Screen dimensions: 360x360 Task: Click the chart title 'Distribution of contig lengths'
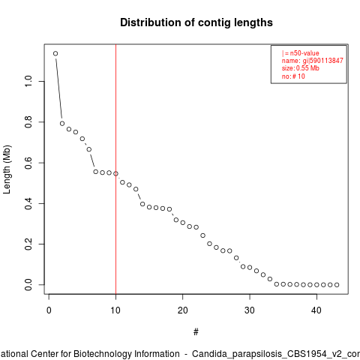pos(196,22)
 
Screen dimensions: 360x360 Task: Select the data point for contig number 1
pos(55,53)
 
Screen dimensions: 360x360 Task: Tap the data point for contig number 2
pos(62,124)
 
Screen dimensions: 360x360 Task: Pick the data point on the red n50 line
pos(115,174)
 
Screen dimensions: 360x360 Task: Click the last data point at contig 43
pos(337,285)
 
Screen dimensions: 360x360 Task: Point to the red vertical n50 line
pos(115,169)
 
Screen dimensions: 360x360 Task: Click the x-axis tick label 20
pos(183,310)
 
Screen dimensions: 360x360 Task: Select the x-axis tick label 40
pos(316,310)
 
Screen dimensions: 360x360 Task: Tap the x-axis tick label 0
pos(49,310)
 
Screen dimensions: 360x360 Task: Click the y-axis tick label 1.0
pos(28,81)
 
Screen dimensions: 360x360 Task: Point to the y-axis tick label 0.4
pos(28,203)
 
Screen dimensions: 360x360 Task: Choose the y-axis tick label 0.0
pos(28,285)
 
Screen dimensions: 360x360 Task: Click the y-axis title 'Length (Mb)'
pos(7,169)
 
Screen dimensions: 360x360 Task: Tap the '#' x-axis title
pos(196,332)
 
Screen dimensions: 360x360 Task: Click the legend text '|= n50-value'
pos(301,53)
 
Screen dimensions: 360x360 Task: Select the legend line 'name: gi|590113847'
pos(313,61)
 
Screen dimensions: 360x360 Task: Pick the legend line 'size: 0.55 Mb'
pos(301,68)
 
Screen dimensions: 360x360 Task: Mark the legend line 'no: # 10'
pos(293,76)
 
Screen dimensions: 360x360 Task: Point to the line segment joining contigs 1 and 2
pos(59,88)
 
